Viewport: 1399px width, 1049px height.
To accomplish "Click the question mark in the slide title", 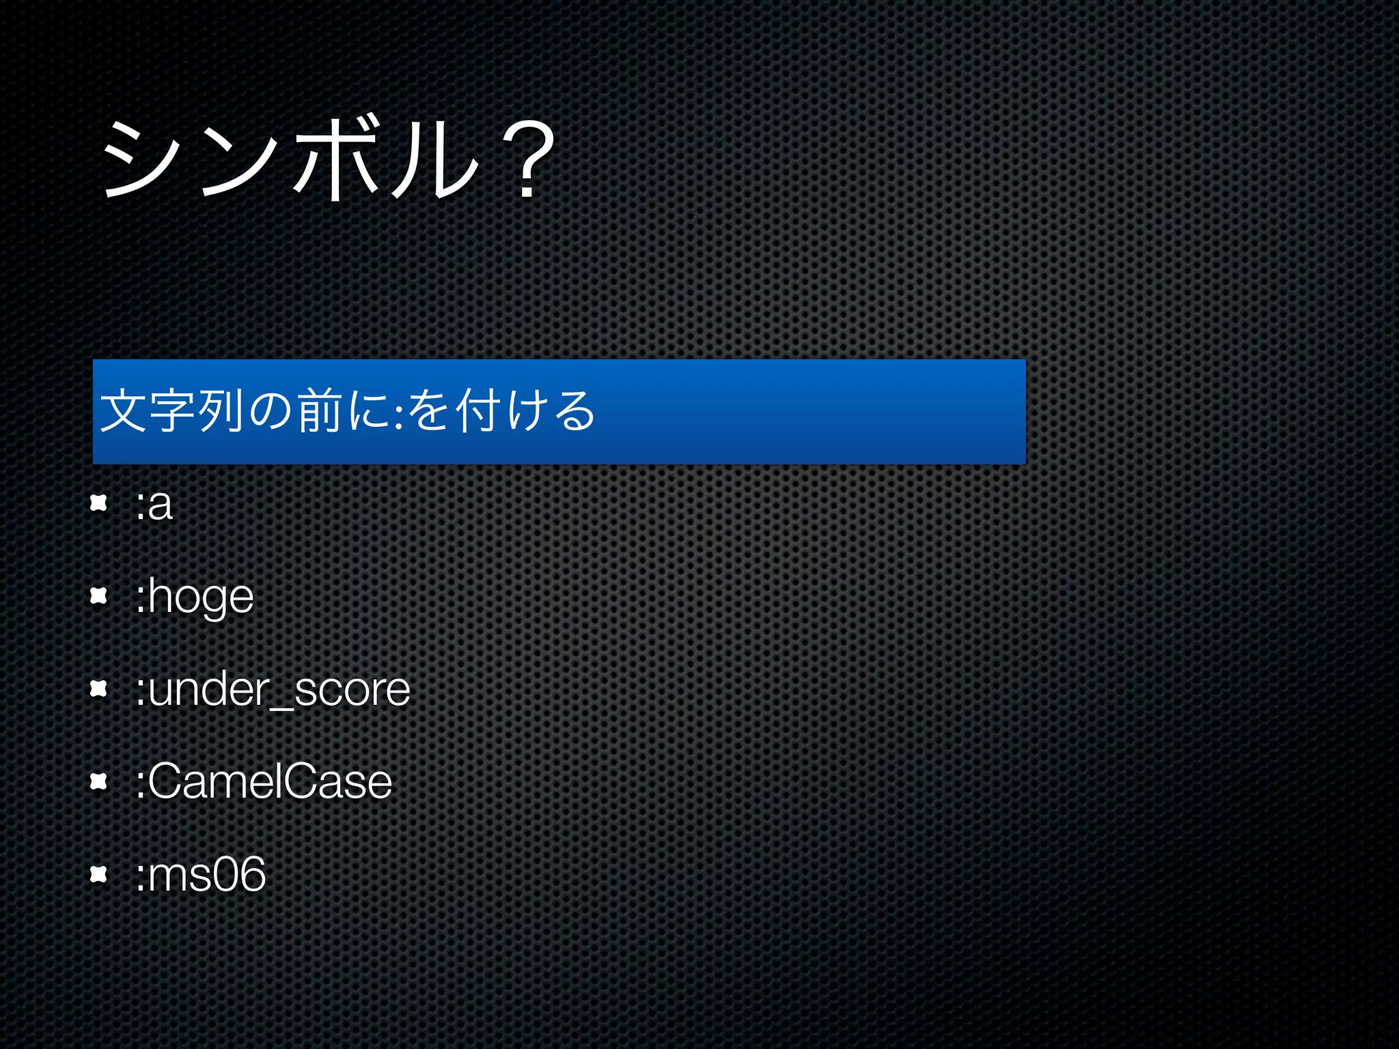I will [x=527, y=161].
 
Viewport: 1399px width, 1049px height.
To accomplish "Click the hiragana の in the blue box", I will [x=271, y=412].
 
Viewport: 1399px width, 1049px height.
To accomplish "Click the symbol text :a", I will [x=154, y=505].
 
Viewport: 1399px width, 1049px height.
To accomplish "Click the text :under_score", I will [x=273, y=690].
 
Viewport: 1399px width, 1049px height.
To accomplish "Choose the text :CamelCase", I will [x=264, y=781].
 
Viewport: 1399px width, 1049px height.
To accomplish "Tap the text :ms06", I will [x=200, y=874].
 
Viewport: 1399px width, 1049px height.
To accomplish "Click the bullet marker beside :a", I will [x=99, y=504].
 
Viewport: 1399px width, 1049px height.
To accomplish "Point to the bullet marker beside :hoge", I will [x=99, y=596].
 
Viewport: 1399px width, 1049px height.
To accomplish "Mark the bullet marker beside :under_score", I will [x=99, y=688].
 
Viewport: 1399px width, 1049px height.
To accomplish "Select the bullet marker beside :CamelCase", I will [x=99, y=781].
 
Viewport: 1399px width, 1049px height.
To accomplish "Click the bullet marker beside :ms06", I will [x=99, y=873].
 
